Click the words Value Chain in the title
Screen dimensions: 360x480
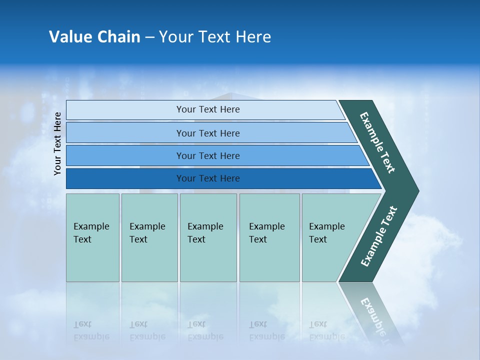tap(94, 37)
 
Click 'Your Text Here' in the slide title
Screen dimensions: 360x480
tap(215, 37)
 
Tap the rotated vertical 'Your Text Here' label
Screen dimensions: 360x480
tap(58, 143)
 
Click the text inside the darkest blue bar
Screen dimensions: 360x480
tap(208, 178)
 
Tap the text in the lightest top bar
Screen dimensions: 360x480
tap(208, 109)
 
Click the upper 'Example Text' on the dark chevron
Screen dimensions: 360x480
tap(377, 142)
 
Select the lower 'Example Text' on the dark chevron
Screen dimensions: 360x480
tap(378, 236)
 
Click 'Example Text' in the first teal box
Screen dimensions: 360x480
tap(91, 233)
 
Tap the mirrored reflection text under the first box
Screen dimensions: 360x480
tap(91, 330)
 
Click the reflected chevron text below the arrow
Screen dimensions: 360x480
tap(372, 312)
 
